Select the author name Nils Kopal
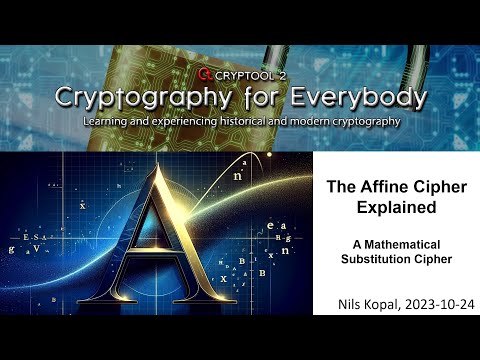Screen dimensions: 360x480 pyautogui.click(x=364, y=301)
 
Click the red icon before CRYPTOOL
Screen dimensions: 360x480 pyautogui.click(x=205, y=73)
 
